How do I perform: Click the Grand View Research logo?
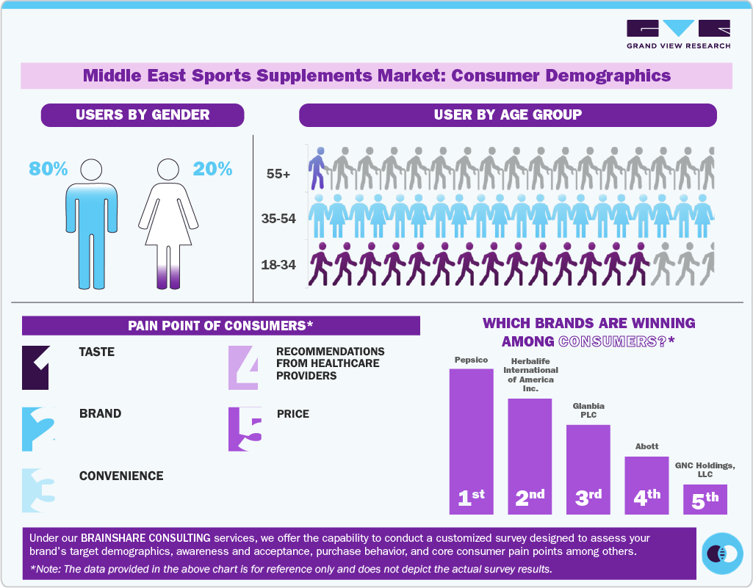pos(678,34)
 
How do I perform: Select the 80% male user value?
pos(48,169)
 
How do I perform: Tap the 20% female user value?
pos(212,169)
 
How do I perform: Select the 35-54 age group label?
pos(278,219)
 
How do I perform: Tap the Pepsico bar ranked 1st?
pos(471,440)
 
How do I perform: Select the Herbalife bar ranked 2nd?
pos(530,455)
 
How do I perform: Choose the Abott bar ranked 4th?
pos(646,484)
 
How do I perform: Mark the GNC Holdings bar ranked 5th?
pos(705,499)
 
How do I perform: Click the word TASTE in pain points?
pos(97,352)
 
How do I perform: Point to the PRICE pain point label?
pos(293,414)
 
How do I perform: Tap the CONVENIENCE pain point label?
pos(121,476)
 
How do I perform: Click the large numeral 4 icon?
pos(244,368)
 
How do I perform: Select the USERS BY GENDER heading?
pos(143,115)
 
